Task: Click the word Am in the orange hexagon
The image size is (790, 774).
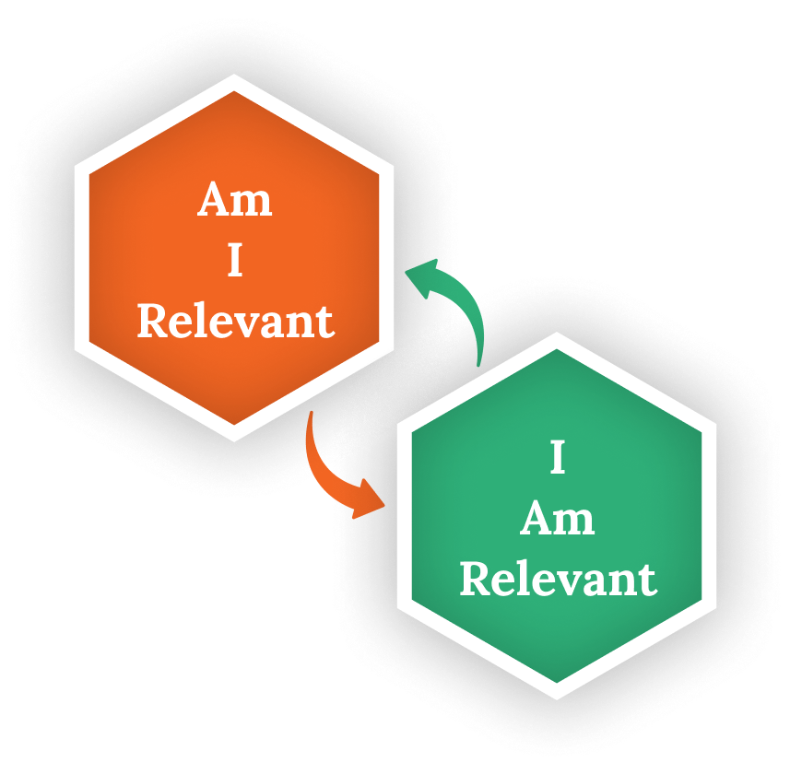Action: click(235, 200)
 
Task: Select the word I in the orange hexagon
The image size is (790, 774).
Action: click(235, 262)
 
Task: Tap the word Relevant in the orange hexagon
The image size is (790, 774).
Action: click(235, 322)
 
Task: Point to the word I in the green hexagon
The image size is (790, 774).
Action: click(557, 458)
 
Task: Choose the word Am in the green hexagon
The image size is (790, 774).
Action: click(557, 519)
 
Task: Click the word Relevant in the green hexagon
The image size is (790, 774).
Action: click(558, 580)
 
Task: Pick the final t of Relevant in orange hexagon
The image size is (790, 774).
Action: click(325, 322)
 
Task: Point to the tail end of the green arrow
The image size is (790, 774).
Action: click(480, 364)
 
